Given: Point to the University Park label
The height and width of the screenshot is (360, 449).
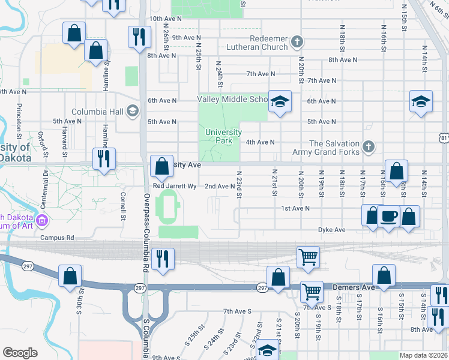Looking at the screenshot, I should tap(223, 136).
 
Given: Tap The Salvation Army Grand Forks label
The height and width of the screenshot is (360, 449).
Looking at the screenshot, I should tap(333, 148).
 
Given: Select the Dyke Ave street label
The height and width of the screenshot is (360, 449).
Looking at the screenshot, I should tap(331, 230).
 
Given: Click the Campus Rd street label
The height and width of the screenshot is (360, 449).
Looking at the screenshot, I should tap(57, 238).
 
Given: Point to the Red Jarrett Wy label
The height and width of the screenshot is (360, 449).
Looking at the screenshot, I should tap(175, 187).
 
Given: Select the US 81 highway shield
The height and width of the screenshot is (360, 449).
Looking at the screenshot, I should tap(444, 139).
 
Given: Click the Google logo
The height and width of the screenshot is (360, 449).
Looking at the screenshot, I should tap(20, 353).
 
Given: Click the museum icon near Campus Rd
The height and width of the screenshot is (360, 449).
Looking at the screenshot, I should tap(43, 220).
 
